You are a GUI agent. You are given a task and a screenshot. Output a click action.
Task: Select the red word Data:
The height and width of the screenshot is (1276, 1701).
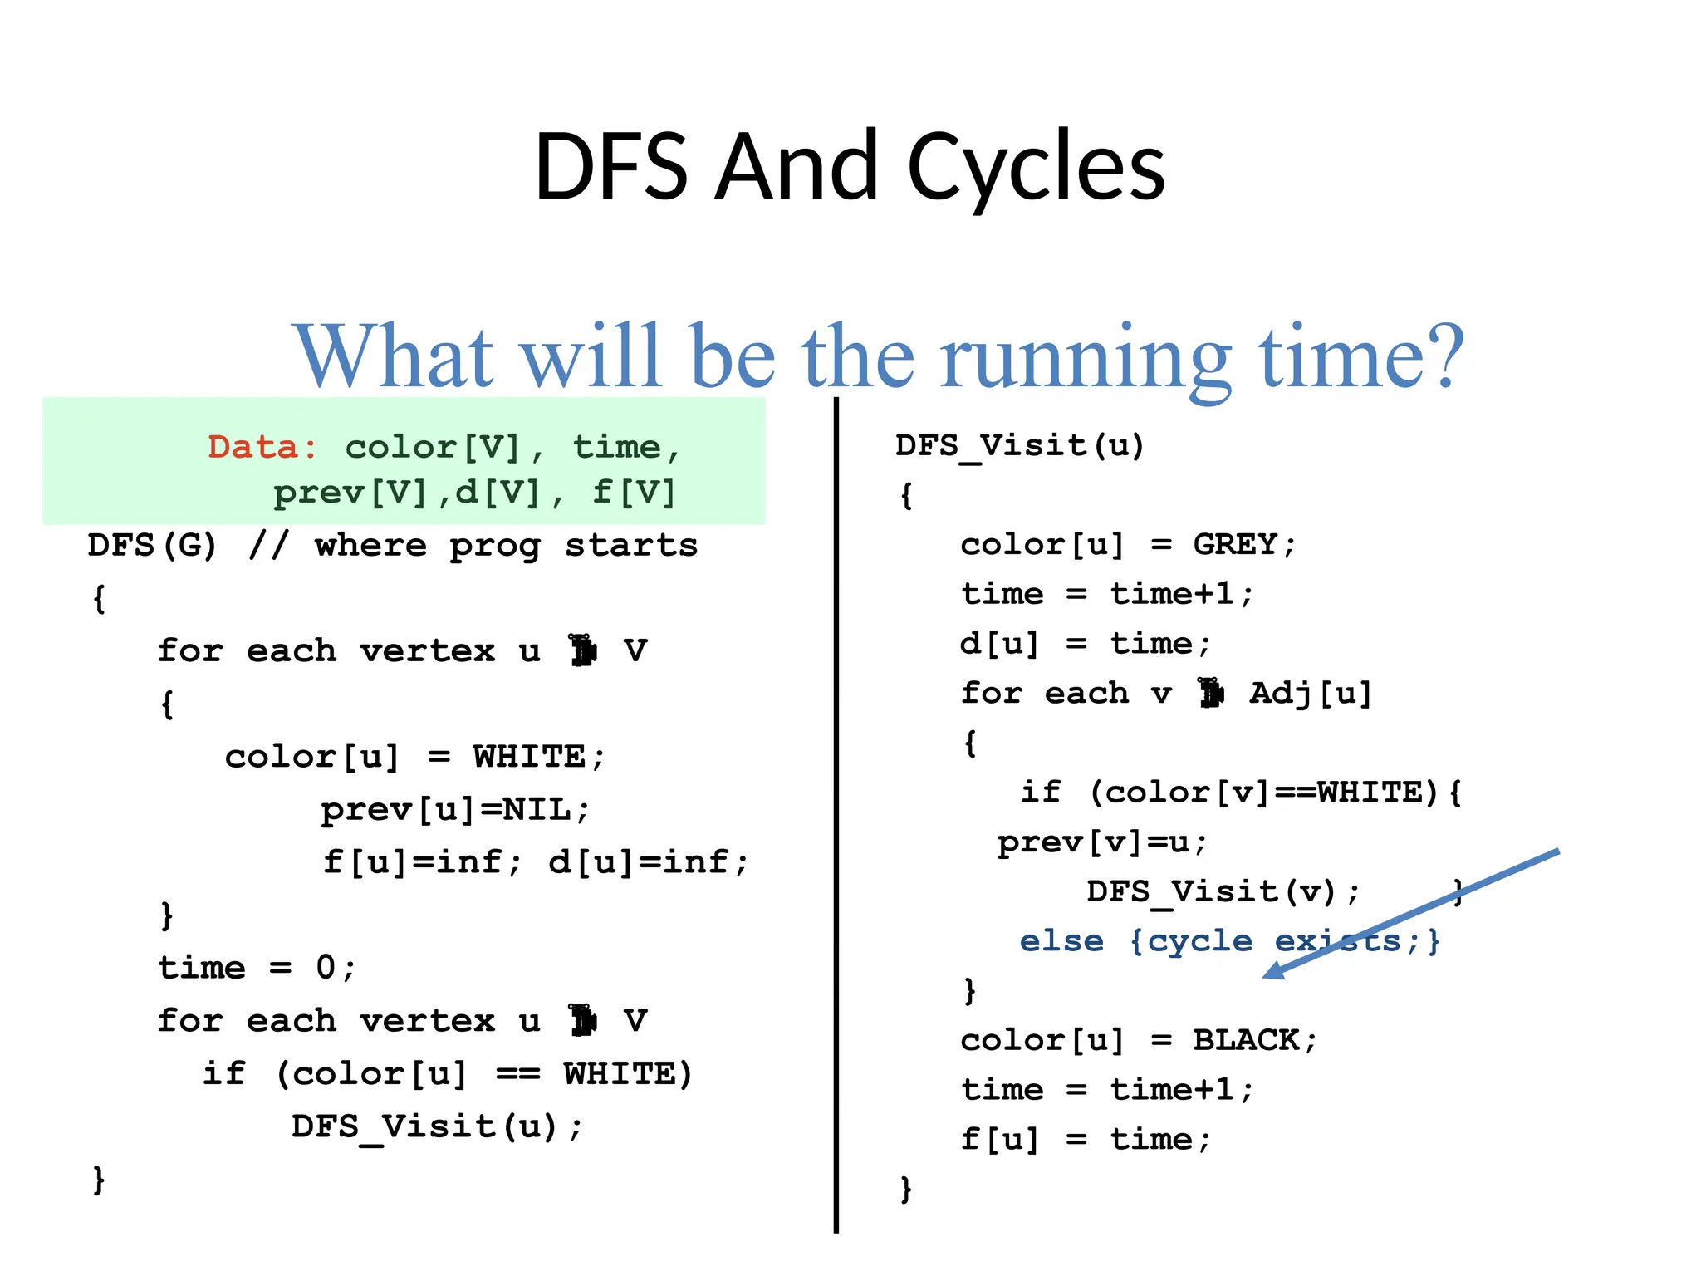coord(262,448)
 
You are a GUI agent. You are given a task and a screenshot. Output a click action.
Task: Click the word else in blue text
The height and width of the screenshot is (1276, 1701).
coord(1061,941)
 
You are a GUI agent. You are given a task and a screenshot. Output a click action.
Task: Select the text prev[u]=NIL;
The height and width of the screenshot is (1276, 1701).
coord(455,809)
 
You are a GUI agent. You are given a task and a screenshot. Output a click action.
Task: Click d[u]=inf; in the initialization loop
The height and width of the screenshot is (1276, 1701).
coord(648,862)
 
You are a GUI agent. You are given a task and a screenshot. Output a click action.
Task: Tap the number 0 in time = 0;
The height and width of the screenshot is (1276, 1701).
coord(325,968)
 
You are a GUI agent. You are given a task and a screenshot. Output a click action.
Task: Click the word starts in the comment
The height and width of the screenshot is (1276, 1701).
coord(631,546)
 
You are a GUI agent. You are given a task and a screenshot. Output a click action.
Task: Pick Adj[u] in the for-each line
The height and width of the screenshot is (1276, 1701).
coord(1310,693)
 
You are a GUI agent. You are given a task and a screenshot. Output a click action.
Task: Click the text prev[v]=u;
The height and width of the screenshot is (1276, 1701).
coord(1102,842)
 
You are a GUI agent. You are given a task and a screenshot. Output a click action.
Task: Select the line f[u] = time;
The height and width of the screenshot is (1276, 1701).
coord(1086,1139)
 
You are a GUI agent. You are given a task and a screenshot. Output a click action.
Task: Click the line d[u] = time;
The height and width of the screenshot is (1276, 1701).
coord(1086,644)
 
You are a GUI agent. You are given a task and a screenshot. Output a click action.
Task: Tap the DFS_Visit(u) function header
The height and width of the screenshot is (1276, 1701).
coord(1020,446)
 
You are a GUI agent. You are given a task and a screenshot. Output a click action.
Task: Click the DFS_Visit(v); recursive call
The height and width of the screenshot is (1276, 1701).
coord(1223,892)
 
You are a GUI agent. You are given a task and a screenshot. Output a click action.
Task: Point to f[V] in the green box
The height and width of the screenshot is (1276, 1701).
coord(633,493)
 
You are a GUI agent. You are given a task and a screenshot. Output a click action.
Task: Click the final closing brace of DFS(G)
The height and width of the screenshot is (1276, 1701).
coord(99,1180)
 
